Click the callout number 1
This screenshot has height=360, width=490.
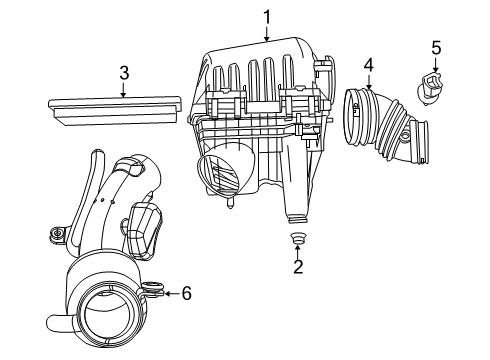point(267,16)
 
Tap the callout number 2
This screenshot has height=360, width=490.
point(297,266)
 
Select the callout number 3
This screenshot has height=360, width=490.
point(123,72)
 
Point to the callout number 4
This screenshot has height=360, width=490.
point(369,65)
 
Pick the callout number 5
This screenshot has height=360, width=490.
point(435,47)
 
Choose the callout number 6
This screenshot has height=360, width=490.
point(186,293)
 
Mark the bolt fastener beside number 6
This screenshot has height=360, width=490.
point(154,292)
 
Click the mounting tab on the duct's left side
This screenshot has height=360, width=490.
point(56,237)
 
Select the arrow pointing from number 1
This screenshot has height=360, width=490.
point(267,33)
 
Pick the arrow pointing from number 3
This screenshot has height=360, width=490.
point(123,90)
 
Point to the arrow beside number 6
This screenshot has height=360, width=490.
point(171,293)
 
